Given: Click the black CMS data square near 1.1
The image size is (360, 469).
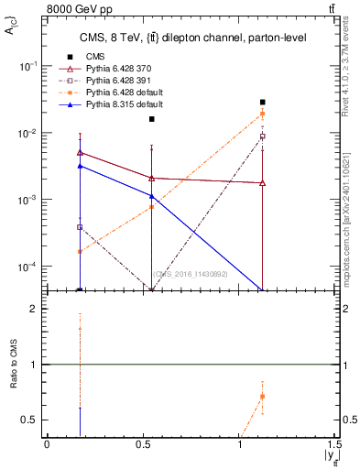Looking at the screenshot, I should point(263,103).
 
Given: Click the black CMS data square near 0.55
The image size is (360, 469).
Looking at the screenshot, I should point(152,119).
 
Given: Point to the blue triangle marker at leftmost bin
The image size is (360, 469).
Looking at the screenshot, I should point(81,166).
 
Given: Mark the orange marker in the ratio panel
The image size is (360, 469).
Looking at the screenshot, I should point(263,397).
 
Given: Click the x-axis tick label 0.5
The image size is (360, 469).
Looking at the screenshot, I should point(143,445).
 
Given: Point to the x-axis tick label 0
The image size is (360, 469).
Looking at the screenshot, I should point(47,445).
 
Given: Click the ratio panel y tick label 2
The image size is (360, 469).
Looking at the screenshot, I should point(34,309).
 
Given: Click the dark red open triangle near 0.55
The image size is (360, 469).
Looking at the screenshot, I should point(152,178).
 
